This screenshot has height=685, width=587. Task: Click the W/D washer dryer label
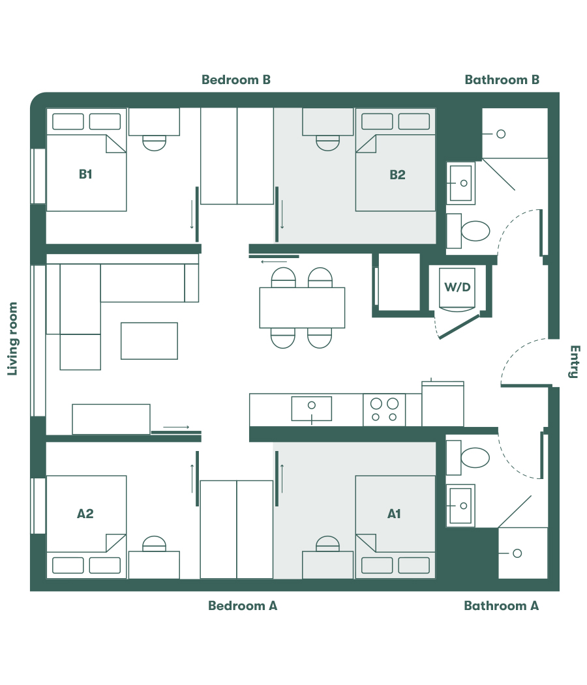point(457,287)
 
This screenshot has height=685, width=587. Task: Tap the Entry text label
point(573,362)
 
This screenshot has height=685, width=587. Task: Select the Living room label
point(12,339)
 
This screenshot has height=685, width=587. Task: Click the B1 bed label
point(85,174)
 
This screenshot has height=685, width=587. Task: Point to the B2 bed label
point(397,174)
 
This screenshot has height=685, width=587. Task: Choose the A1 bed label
point(394,514)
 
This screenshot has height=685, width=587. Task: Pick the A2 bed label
point(85,514)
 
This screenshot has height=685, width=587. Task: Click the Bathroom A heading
point(501,605)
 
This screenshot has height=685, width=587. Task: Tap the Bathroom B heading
point(502,80)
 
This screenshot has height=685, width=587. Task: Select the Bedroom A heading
point(243,605)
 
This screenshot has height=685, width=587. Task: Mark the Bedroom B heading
point(235,80)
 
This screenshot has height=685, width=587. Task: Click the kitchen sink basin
point(312,408)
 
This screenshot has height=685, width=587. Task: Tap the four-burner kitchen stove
point(384,410)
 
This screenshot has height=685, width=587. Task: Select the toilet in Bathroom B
point(475,231)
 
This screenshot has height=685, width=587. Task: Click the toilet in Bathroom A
point(475,458)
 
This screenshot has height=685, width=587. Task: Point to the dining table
point(302,308)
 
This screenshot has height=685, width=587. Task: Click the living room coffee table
point(149,341)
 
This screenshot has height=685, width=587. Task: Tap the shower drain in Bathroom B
point(501,134)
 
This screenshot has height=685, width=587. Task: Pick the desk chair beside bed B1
point(155,143)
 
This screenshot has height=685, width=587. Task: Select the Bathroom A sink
point(462,506)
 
